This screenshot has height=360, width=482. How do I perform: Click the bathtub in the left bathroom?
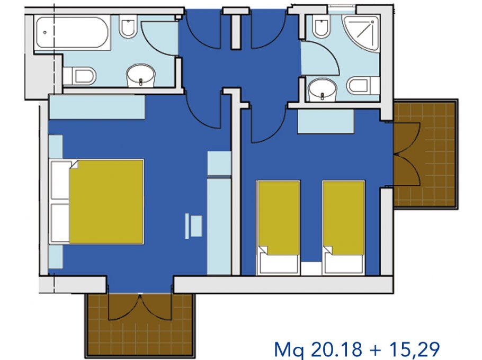pos(73,33)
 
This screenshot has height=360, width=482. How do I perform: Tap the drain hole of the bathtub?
pos(45,32)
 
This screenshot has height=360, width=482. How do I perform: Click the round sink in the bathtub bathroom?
pos(141,75)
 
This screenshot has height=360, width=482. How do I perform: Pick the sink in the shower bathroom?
pos(322,89)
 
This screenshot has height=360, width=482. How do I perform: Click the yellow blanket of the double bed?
pos(106,202)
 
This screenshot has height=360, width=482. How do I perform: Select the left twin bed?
pos(279,228)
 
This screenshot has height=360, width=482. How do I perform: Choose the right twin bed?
pos(344,228)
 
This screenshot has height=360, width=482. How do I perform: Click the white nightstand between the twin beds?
pos(311,268)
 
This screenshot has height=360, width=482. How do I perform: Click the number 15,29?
pos(414,349)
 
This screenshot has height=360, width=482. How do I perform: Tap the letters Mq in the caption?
pos(289,350)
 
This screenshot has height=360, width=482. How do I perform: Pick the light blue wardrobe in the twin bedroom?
pos(326,121)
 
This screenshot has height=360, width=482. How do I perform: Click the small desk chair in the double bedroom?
pos(194,226)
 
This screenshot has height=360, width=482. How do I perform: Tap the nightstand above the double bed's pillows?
pos(56,147)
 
